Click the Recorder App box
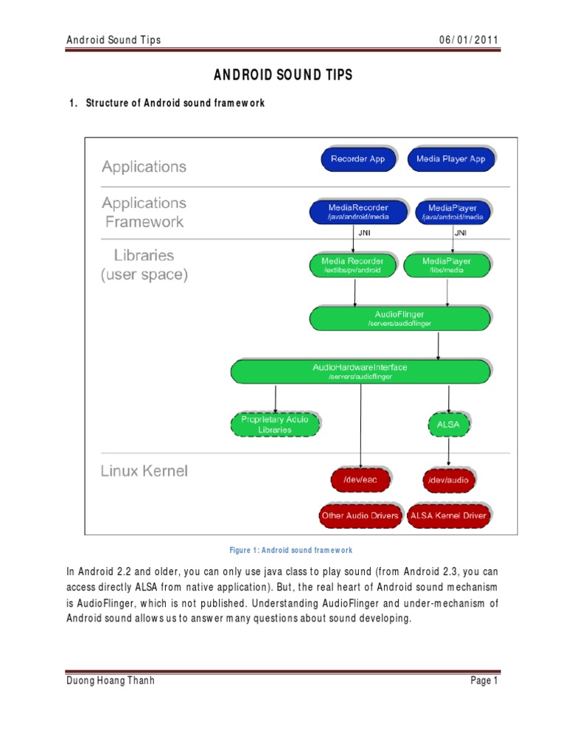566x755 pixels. coord(358,159)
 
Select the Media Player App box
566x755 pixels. coord(450,159)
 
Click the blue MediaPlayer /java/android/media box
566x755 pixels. coord(453,212)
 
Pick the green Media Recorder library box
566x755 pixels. coord(352,265)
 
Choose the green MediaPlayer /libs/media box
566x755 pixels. coord(447,265)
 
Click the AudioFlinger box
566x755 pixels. coord(399,319)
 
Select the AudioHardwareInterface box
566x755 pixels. coord(360,371)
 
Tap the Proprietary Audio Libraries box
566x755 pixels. coord(276,424)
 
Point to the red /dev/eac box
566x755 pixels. coord(359,480)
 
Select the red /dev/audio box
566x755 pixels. coord(449,480)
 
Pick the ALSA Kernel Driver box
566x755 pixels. coord(448,515)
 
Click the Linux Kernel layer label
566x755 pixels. coord(144,470)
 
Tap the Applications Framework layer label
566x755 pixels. coord(144,212)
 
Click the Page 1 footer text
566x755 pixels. coord(485,681)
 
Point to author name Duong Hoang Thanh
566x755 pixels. coord(111,681)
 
